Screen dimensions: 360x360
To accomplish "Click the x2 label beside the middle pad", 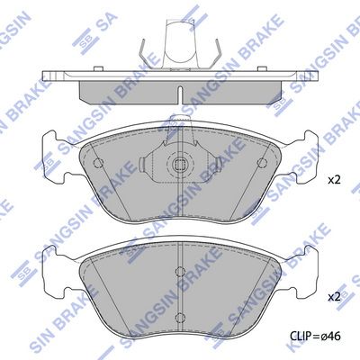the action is pyautogui.click(x=334, y=180).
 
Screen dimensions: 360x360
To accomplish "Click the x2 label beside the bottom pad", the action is pyautogui.click(x=334, y=297).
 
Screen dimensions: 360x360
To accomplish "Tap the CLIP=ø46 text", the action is pyautogui.click(x=315, y=336).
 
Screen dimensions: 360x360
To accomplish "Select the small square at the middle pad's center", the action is pyautogui.click(x=180, y=164).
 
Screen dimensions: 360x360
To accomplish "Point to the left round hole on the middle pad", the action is pyautogui.click(x=98, y=163).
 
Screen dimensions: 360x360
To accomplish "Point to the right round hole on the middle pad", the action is pyautogui.click(x=262, y=163).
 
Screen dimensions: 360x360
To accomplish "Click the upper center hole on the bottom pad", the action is pyautogui.click(x=180, y=272).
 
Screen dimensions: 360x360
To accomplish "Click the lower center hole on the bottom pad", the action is pyautogui.click(x=180, y=317).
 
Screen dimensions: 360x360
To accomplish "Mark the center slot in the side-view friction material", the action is pyautogui.click(x=180, y=95).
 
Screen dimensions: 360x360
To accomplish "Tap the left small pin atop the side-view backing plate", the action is pyautogui.click(x=97, y=69).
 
